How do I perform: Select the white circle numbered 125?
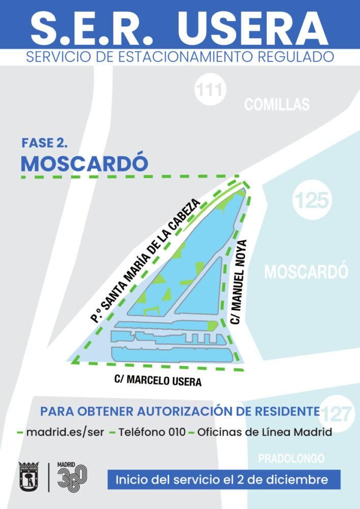tap(312, 201)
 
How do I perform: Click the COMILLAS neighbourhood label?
tap(276, 105)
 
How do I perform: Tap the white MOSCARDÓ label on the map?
tap(306, 271)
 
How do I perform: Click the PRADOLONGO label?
tap(291, 459)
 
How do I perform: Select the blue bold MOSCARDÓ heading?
tap(85, 163)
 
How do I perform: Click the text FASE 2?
tap(45, 143)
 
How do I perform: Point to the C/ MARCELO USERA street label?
tap(158, 380)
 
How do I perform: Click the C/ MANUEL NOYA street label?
tap(238, 281)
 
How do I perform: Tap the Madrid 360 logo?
tap(71, 477)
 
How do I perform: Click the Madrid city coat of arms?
tap(29, 477)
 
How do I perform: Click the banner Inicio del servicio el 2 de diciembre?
tap(224, 479)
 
